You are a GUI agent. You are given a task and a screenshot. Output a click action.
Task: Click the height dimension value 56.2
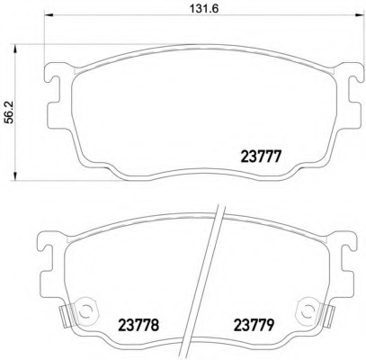point(11,112)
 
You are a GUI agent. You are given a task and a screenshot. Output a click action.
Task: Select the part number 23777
point(261,157)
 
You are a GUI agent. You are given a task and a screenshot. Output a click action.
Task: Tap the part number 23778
point(138,324)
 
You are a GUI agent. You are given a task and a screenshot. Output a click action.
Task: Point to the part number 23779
point(254,324)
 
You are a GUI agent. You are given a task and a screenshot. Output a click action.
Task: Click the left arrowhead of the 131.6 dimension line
point(49,15)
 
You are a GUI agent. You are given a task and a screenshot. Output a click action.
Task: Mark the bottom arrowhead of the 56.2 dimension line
point(14,176)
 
